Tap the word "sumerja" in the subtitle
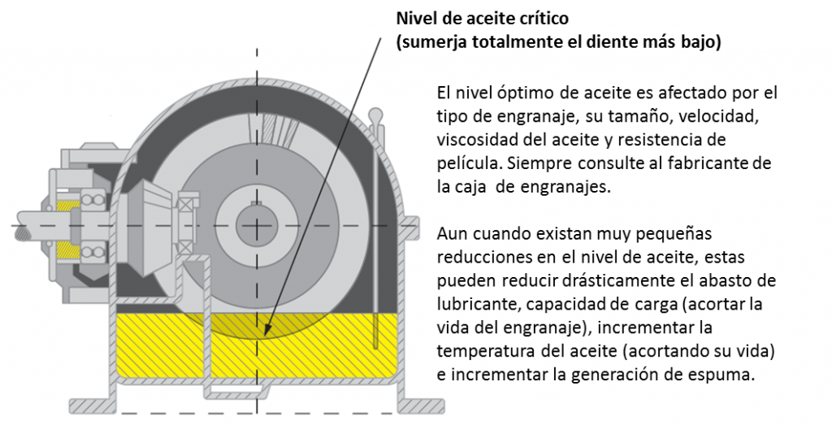(431, 43)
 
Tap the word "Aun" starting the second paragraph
(450, 234)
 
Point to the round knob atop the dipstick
(376, 114)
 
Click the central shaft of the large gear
(257, 225)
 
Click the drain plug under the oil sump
(236, 390)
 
